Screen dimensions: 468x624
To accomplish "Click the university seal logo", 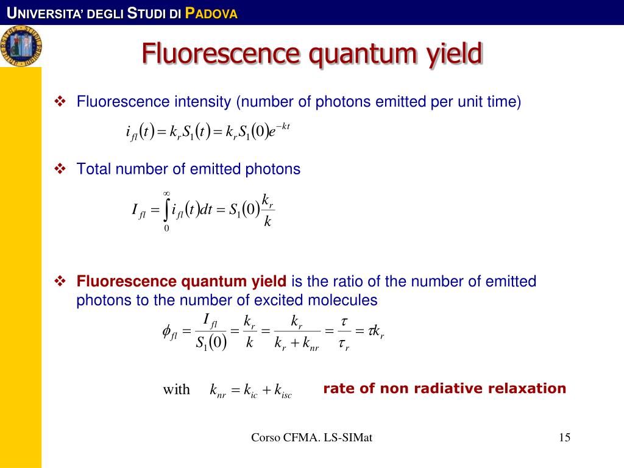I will click(21, 46).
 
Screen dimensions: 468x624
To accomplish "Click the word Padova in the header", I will click(211, 13).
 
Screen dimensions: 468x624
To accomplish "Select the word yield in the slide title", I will click(452, 54).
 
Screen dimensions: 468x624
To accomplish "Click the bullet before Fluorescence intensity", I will click(60, 101).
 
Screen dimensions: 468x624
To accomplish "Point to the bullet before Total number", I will click(60, 169).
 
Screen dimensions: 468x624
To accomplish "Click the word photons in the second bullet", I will click(272, 169).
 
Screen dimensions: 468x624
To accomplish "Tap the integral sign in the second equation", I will click(166, 211).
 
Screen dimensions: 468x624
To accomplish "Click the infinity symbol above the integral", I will click(166, 194).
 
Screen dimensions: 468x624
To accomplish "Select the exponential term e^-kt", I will click(279, 130).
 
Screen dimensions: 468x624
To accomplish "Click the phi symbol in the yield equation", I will click(168, 331).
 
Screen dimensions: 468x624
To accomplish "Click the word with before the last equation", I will click(176, 389).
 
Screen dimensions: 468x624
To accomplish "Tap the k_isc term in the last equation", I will click(283, 391).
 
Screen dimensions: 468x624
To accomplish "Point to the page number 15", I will click(564, 437).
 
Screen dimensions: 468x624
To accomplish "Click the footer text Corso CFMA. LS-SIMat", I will click(311, 437).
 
